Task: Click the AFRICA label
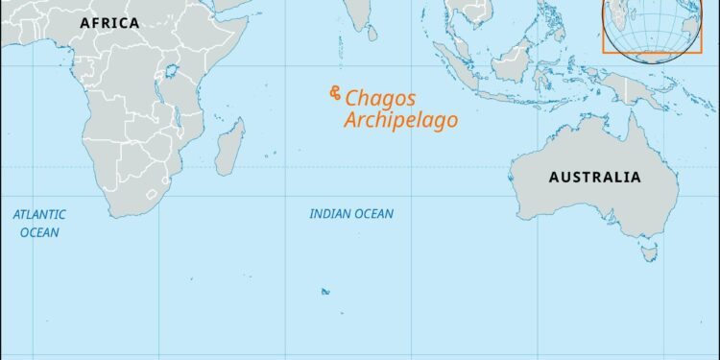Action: pyautogui.click(x=108, y=22)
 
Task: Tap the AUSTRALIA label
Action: pyautogui.click(x=594, y=177)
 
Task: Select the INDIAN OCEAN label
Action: pyautogui.click(x=350, y=213)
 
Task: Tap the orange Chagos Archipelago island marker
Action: pyautogui.click(x=334, y=92)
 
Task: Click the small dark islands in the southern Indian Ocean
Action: pyautogui.click(x=325, y=291)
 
